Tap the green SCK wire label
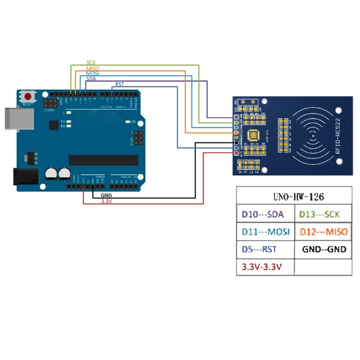point(91,63)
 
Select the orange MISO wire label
point(92,68)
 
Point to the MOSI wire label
point(92,73)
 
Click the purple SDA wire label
point(91,79)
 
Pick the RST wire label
point(120,84)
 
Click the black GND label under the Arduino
point(107,196)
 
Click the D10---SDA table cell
point(265,215)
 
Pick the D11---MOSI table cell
point(265,232)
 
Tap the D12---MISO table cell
point(323,232)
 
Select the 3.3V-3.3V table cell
point(261,266)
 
